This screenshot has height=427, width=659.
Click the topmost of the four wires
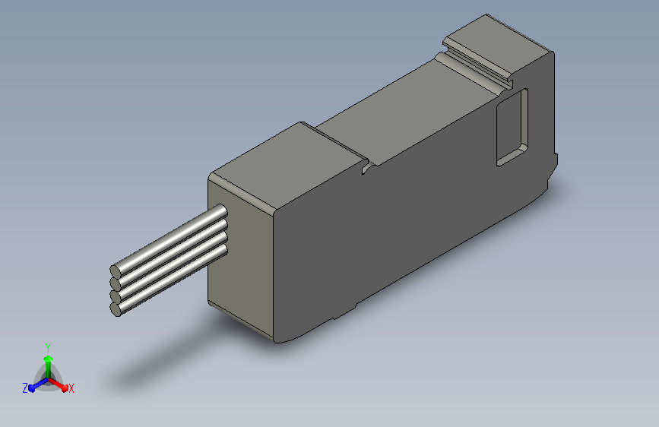[169, 240]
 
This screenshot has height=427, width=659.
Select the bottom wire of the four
[169, 280]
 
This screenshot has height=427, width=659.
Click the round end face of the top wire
[116, 271]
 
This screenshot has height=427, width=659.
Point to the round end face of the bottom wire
[116, 310]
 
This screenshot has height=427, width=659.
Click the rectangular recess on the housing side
[512, 128]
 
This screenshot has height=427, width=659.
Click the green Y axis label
[48, 347]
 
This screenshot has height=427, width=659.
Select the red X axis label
[71, 388]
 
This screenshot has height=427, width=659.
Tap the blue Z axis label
[25, 388]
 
